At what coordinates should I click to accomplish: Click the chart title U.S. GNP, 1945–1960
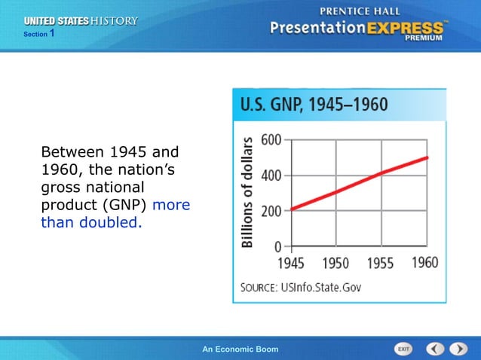pos(314,105)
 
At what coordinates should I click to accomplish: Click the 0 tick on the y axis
pos(278,246)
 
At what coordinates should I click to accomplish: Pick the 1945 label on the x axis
pos(291,263)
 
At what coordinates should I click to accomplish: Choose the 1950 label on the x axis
pos(335,263)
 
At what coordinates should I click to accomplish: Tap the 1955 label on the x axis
pos(380,263)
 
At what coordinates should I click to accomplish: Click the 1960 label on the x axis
pos(425,262)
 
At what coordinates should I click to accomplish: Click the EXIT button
pos(404,349)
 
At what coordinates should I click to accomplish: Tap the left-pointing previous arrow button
pos(435,349)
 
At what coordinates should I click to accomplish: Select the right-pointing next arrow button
pos(458,349)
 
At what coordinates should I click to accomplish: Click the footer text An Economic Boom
pos(240,349)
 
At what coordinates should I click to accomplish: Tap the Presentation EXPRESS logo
pos(359,29)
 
